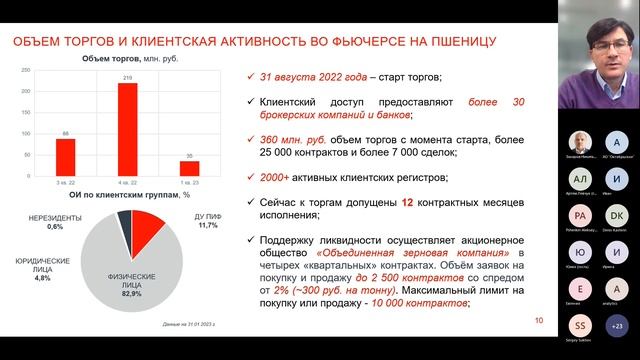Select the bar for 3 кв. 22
click(x=65, y=154)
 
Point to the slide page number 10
click(x=539, y=321)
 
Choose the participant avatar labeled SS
click(x=577, y=325)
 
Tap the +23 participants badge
click(x=617, y=325)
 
